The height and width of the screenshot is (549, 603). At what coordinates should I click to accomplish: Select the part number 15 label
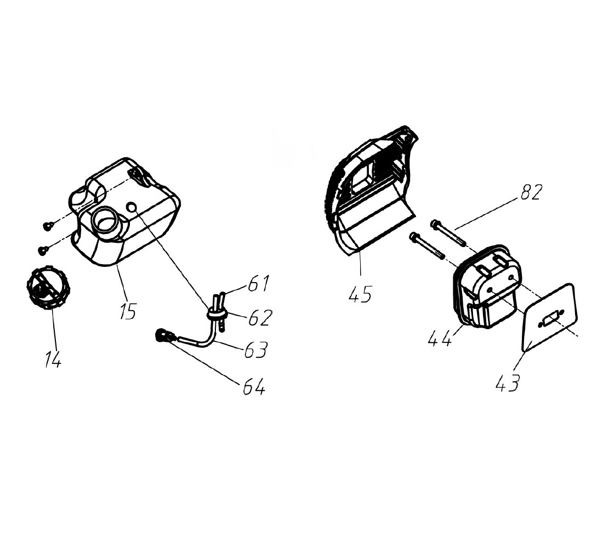(x=128, y=311)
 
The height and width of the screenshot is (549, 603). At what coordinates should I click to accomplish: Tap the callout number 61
(x=259, y=283)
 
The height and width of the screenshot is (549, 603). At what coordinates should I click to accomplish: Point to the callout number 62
(x=261, y=317)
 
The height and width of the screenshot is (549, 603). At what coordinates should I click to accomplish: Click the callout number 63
(x=256, y=350)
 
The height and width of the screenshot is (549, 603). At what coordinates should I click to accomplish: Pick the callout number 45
(x=360, y=294)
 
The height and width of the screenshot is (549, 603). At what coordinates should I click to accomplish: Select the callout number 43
(x=508, y=382)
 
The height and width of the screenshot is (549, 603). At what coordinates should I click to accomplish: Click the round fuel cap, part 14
(x=48, y=287)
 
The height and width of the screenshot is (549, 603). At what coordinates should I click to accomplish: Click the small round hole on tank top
(x=132, y=208)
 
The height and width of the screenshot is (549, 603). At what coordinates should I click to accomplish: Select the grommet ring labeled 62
(x=217, y=314)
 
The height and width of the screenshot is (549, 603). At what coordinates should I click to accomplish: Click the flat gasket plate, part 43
(x=550, y=317)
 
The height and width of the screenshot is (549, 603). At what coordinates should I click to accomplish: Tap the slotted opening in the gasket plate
(x=551, y=320)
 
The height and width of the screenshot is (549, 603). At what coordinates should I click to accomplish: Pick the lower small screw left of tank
(x=43, y=250)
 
